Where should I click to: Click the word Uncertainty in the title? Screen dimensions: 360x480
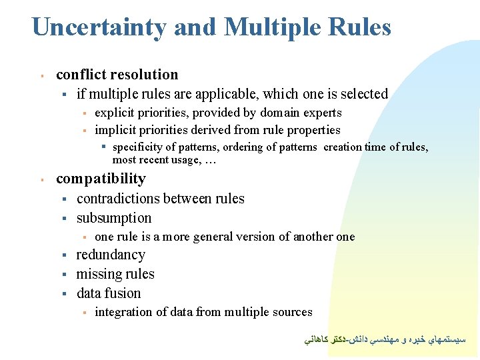click(99, 27)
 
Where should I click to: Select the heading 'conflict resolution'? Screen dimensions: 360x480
click(117, 75)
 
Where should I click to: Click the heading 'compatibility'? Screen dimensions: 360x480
click(101, 179)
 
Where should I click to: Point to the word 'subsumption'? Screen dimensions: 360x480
click(114, 218)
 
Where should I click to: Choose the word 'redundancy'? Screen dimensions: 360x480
click(111, 255)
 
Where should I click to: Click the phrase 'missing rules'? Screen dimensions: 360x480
click(115, 274)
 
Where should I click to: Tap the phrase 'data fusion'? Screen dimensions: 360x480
click(109, 293)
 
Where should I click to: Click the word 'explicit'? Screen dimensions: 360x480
click(114, 113)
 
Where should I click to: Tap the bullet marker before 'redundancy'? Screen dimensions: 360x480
click(65, 255)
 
